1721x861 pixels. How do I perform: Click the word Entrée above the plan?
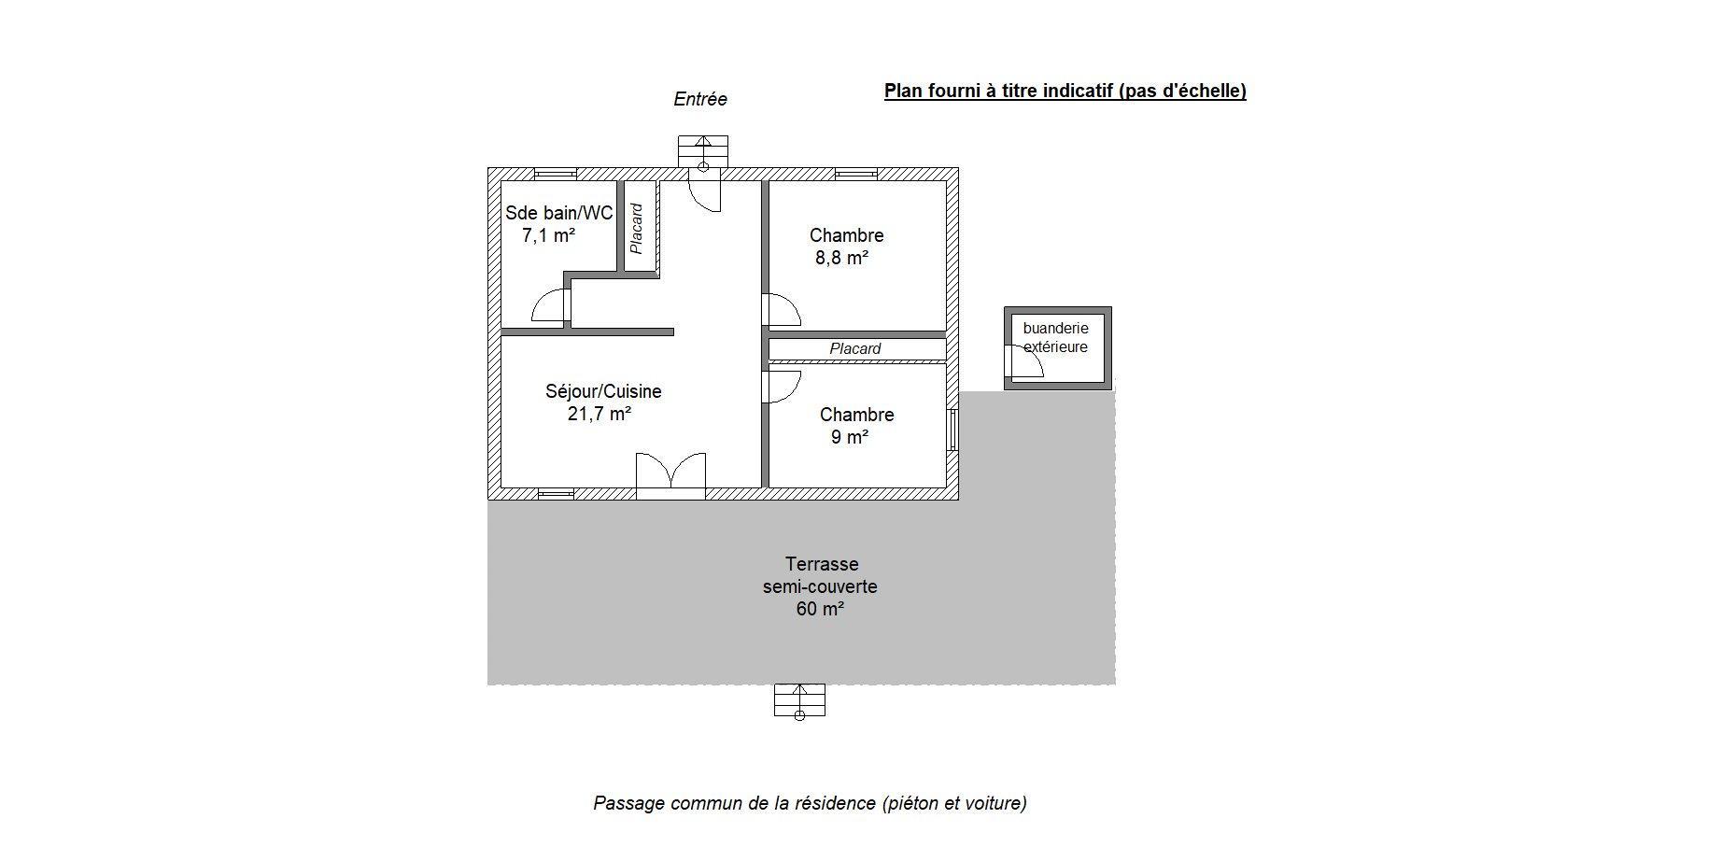[x=700, y=99]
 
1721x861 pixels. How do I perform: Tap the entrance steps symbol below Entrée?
[x=703, y=152]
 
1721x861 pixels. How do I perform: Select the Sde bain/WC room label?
[x=559, y=213]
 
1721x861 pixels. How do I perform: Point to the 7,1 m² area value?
[x=548, y=235]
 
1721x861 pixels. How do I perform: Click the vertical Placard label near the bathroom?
[x=637, y=229]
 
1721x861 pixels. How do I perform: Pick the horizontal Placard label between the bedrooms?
[x=855, y=349]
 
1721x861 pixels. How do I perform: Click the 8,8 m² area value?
[x=842, y=258]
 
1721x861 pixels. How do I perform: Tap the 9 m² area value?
[x=850, y=437]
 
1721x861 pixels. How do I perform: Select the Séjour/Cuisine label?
[x=603, y=391]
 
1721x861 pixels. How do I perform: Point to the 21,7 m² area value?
[x=600, y=414]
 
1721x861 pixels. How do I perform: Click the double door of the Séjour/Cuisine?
[x=670, y=471]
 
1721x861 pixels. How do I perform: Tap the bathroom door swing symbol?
[x=550, y=305]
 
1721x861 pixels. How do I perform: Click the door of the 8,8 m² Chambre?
[x=782, y=310]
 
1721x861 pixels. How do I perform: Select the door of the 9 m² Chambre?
[x=782, y=387]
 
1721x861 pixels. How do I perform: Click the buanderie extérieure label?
[x=1055, y=337]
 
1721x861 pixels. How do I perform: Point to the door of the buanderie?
[x=1023, y=360]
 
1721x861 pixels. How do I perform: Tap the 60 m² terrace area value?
[x=820, y=609]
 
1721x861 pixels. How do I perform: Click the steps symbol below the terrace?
[x=799, y=700]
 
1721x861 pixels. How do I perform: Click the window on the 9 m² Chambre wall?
[x=952, y=430]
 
